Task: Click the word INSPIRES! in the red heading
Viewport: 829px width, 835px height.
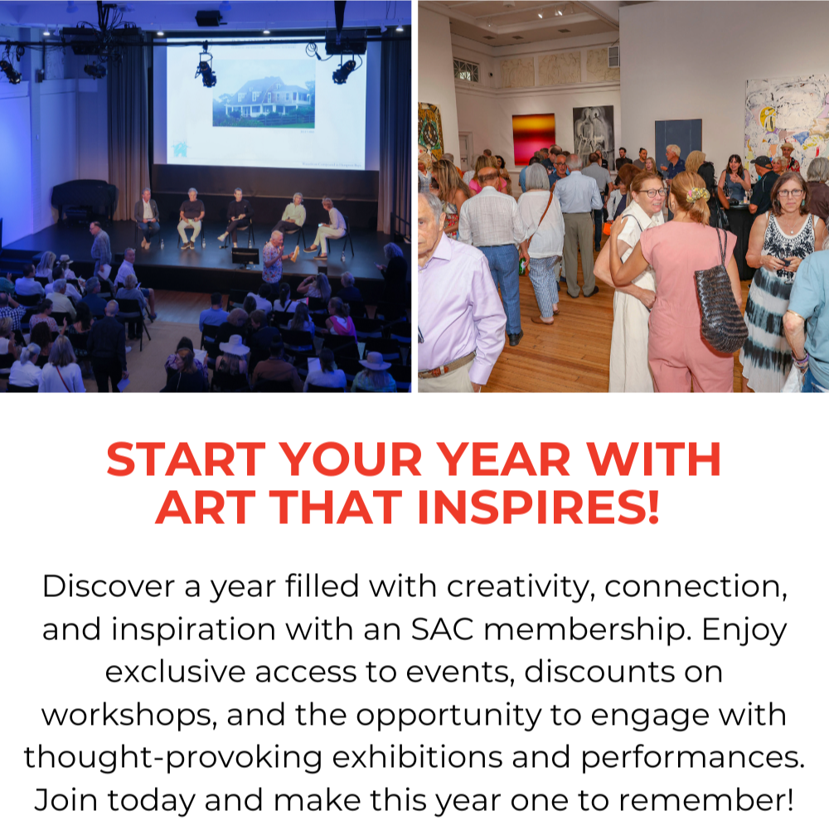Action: (x=539, y=507)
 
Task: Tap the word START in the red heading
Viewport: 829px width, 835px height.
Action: (x=186, y=459)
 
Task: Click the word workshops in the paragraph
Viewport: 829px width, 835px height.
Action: (x=125, y=716)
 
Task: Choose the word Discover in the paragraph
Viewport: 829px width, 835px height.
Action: (x=109, y=586)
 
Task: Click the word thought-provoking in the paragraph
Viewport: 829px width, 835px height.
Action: (x=173, y=759)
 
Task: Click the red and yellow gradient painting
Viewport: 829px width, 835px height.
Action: (x=533, y=139)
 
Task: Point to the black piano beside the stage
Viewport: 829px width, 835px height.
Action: (x=84, y=199)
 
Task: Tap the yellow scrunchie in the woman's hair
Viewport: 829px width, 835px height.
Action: (x=697, y=195)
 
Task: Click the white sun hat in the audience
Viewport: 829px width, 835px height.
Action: (x=235, y=346)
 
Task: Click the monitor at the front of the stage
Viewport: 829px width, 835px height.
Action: (x=245, y=257)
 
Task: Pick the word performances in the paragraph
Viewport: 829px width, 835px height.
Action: (x=693, y=759)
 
